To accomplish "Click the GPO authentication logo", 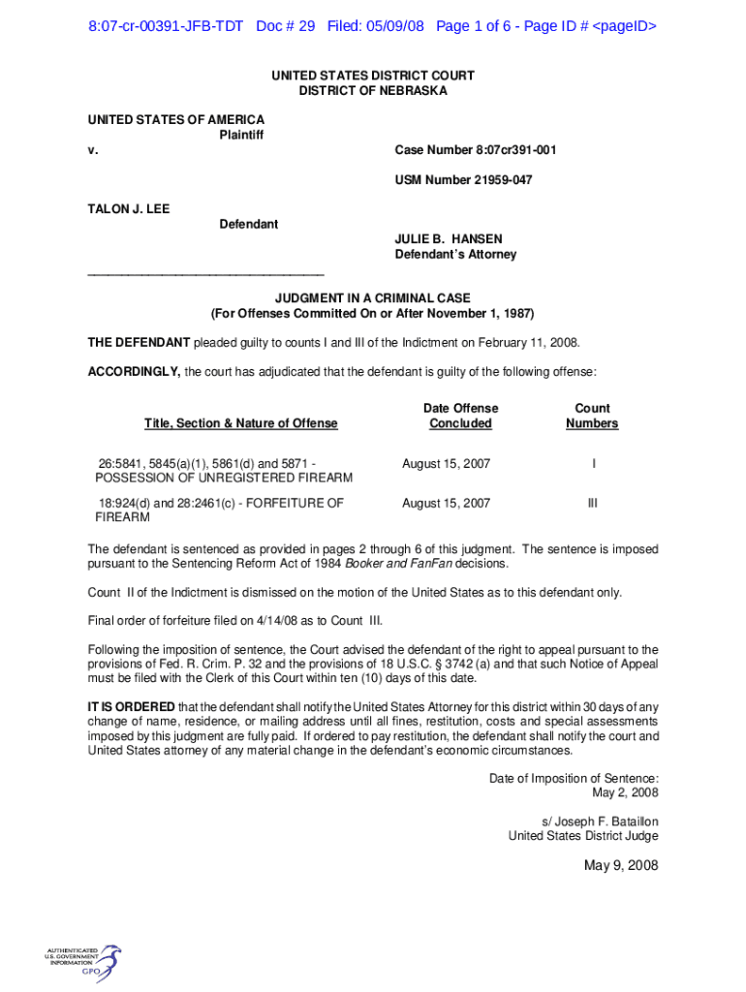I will [x=83, y=960].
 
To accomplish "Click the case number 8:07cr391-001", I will [x=475, y=150].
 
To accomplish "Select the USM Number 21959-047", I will [x=463, y=180].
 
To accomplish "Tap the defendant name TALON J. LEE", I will [x=129, y=208].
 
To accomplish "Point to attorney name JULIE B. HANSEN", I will [x=448, y=239].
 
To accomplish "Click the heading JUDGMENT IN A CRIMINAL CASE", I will [x=372, y=298].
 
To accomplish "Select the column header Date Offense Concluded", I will [x=460, y=416].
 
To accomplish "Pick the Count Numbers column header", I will [x=592, y=416].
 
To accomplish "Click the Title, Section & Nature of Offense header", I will [x=241, y=423].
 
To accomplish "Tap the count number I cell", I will [x=593, y=464].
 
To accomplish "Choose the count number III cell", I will [x=592, y=503].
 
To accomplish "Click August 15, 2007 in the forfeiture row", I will [x=446, y=503].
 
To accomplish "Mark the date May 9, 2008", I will [x=621, y=865].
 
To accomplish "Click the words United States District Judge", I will [x=583, y=836].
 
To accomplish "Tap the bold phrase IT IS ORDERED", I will [x=132, y=706].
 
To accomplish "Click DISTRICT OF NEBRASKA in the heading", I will [x=372, y=90].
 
